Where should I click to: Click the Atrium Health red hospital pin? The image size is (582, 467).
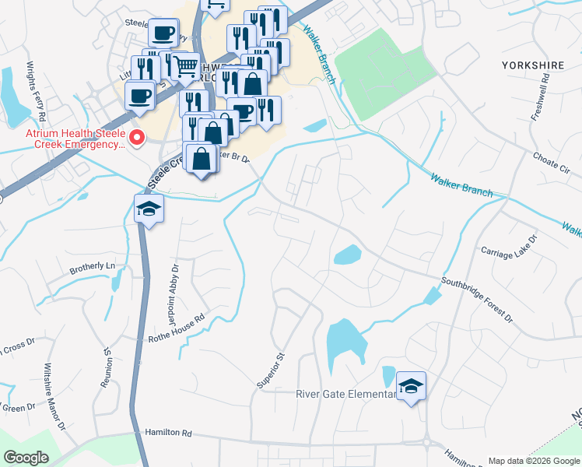click(138, 139)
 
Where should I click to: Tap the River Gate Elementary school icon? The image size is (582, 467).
click(411, 385)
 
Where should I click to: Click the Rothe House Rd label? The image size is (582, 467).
click(177, 328)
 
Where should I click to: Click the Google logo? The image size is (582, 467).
click(26, 458)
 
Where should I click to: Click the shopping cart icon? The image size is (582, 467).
click(185, 66)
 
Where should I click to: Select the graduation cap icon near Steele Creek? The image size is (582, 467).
click(149, 209)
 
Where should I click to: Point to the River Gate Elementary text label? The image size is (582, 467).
click(346, 393)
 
